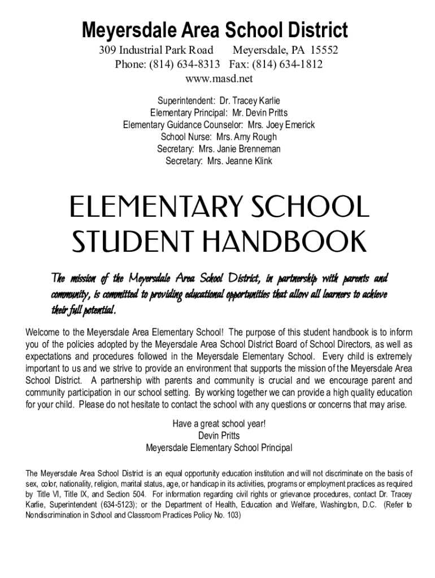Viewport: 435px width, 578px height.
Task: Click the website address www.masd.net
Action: click(219, 78)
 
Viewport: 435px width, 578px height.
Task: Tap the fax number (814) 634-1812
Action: click(288, 64)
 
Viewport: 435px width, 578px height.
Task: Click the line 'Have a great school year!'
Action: click(219, 424)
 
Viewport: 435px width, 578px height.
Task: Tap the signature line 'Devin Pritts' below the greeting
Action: click(219, 436)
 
